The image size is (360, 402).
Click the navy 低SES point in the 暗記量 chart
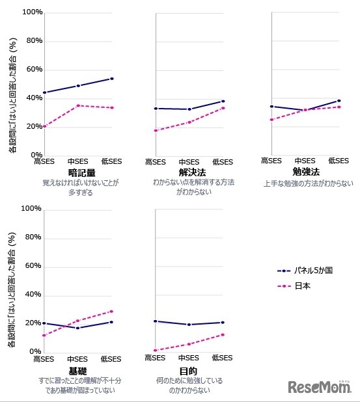tap(112, 79)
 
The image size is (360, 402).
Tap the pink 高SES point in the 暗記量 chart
tap(44, 126)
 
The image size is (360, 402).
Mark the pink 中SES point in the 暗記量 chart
tap(78, 105)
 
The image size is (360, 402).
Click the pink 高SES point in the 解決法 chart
tap(156, 131)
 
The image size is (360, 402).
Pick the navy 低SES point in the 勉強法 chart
tap(339, 101)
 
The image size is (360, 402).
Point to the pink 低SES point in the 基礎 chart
tap(112, 311)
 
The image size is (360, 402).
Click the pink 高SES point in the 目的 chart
tap(156, 350)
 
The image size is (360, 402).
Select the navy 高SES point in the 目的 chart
tap(156, 321)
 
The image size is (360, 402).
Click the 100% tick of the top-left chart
tap(32, 12)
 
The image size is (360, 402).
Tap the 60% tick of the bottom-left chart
tap(33, 266)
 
